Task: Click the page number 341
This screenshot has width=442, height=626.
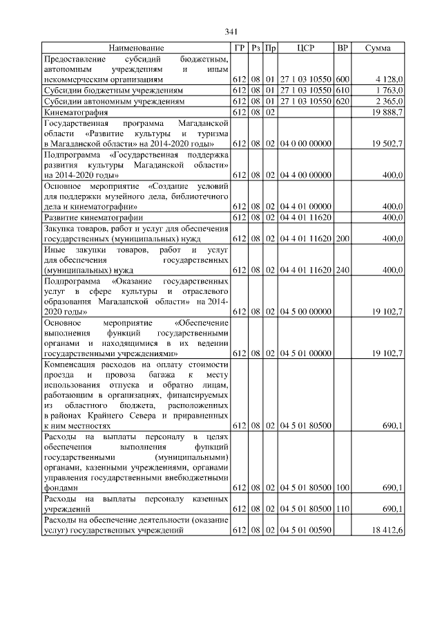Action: pyautogui.click(x=231, y=32)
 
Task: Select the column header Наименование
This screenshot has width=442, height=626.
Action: pyautogui.click(x=136, y=48)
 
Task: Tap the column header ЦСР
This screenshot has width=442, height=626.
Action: pyautogui.click(x=305, y=48)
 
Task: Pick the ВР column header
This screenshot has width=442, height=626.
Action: pyautogui.click(x=342, y=48)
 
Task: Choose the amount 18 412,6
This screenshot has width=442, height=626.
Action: pyautogui.click(x=387, y=531)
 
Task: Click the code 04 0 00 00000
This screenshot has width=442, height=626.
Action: pyautogui.click(x=306, y=143)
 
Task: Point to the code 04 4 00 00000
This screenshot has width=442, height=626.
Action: pyautogui.click(x=306, y=175)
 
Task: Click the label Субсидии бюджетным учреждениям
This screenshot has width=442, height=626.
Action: pyautogui.click(x=114, y=91)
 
